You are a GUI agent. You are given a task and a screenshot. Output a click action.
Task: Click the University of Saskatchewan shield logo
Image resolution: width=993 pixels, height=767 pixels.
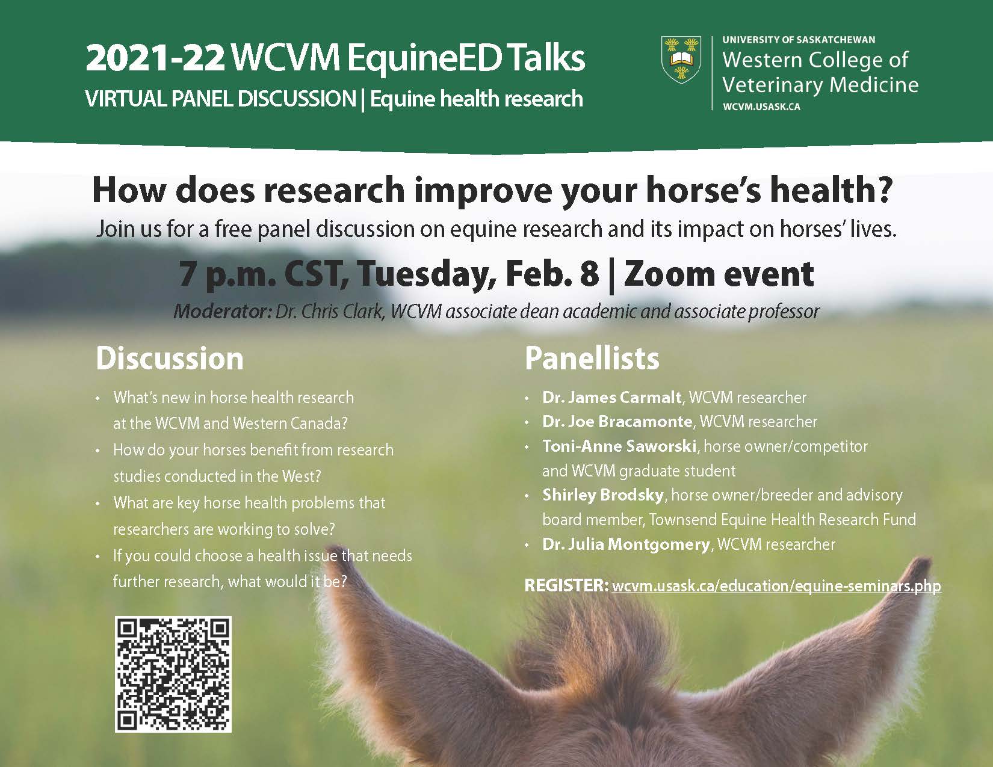[681, 60]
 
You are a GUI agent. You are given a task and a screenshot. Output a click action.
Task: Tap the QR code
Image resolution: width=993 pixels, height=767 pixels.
[173, 674]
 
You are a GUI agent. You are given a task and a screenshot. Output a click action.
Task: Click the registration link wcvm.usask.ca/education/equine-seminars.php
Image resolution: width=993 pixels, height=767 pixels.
[776, 586]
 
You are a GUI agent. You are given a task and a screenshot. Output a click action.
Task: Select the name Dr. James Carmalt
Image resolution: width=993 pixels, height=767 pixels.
[612, 398]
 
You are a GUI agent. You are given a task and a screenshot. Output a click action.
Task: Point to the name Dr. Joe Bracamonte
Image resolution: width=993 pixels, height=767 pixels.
[617, 421]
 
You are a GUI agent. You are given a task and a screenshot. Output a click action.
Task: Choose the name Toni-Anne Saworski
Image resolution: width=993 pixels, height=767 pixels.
[619, 446]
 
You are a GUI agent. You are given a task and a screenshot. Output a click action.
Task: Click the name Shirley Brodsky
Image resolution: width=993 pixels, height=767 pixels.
[603, 495]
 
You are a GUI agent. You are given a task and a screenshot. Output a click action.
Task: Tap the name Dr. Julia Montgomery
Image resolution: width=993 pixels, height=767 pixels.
[626, 544]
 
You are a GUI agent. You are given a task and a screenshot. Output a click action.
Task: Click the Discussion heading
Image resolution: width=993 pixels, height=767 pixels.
[170, 359]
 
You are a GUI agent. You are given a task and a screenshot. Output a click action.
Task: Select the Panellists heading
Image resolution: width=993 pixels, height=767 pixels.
[592, 359]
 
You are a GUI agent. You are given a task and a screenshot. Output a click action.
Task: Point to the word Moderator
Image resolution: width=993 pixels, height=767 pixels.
[222, 312]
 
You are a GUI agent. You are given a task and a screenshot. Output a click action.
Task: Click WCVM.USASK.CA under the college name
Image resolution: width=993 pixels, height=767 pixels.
[761, 107]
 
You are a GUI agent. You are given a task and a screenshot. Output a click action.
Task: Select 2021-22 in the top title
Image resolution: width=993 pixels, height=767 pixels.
[155, 58]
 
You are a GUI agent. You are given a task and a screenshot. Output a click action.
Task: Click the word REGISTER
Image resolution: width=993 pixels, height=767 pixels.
[567, 586]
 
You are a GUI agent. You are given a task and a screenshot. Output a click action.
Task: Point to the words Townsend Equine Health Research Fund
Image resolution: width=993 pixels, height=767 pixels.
[783, 520]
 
